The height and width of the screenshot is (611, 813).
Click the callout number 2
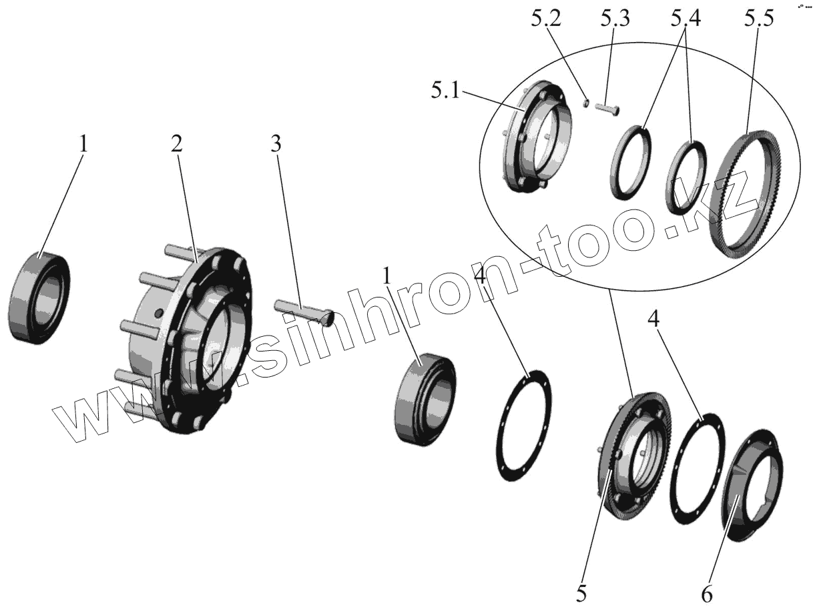point(176,145)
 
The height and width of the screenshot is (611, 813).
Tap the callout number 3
point(276,145)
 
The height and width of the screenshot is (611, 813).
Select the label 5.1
point(445,90)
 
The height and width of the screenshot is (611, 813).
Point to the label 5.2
point(545,19)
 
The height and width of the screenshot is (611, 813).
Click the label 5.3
point(613,19)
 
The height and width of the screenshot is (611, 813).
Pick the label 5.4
point(686,19)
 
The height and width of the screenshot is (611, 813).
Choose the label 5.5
point(759,19)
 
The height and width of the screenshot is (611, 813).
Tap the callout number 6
point(706,592)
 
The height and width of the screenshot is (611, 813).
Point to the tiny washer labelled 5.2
point(585,102)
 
